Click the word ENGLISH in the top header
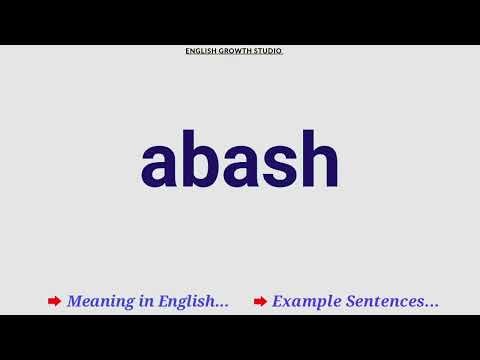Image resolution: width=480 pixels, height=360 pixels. [201, 51]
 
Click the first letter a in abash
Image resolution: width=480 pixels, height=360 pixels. [160, 165]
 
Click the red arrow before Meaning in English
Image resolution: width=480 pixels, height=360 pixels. [54, 301]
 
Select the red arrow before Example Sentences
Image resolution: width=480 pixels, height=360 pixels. [260, 301]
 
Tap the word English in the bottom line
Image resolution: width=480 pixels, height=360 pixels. [187, 301]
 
